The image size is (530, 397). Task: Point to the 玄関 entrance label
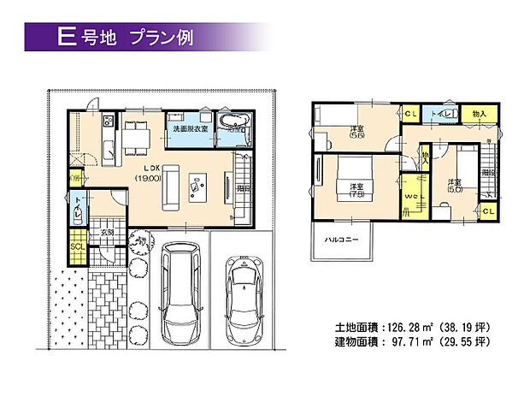point(108,231)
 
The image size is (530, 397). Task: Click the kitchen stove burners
point(107,119)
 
